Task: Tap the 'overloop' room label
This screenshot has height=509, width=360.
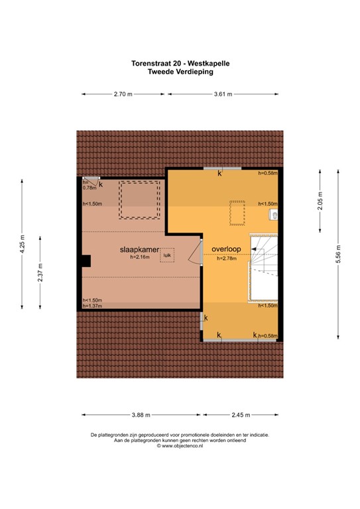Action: click(227, 249)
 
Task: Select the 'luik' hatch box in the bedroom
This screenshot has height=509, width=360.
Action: click(167, 256)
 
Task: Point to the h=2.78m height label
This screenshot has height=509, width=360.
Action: click(227, 258)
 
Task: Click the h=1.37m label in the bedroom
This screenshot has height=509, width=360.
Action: click(92, 306)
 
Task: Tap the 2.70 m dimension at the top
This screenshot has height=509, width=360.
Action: click(125, 95)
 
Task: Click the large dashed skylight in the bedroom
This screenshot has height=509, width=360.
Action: click(139, 199)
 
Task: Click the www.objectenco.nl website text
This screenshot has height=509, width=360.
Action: click(180, 446)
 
